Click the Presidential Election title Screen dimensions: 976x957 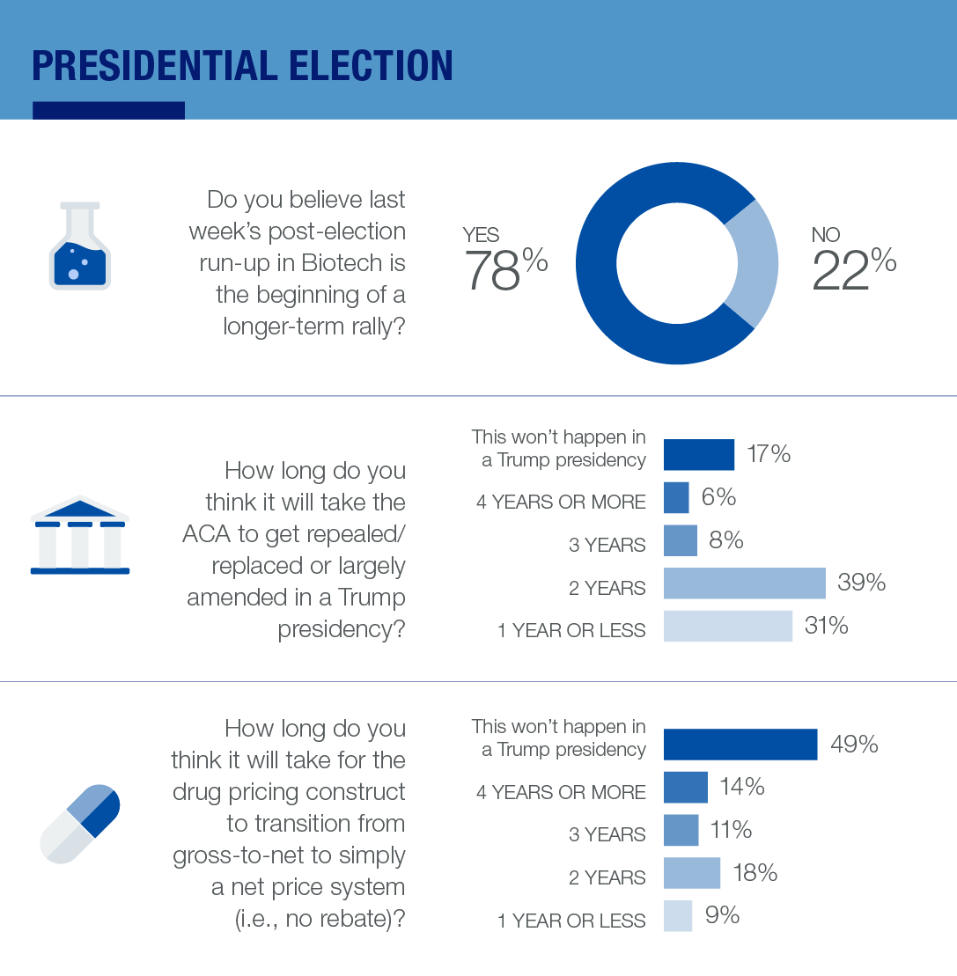click(x=242, y=67)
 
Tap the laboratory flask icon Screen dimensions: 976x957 click(x=79, y=246)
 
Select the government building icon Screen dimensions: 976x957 click(x=80, y=536)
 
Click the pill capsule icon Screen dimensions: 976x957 click(x=80, y=823)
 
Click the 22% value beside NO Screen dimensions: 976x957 click(x=853, y=268)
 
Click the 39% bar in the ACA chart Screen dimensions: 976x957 click(x=744, y=583)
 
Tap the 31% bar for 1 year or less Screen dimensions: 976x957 click(x=727, y=626)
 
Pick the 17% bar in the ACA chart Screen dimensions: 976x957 click(x=698, y=454)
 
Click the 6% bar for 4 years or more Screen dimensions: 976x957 click(x=675, y=497)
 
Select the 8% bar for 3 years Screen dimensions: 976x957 click(x=680, y=540)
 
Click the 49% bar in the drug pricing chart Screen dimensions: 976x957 click(x=740, y=744)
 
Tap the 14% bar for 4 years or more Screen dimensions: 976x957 click(x=685, y=787)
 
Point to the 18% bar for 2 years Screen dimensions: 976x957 click(x=691, y=873)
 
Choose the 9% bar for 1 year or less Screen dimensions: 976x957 click(x=677, y=915)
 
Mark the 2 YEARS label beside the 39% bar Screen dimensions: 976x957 click(x=607, y=588)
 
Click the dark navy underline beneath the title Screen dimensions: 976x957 click(x=108, y=110)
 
